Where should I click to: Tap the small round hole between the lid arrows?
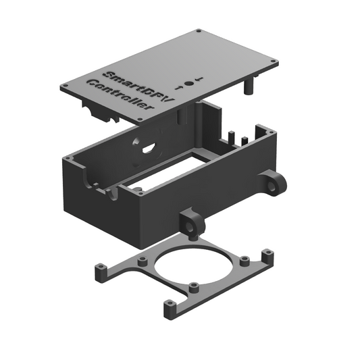pos(188,82)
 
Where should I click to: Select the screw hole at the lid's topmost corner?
pos(198,31)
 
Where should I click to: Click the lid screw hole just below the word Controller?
pos(140,120)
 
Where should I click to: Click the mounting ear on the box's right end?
pos(274,183)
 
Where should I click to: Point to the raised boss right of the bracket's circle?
pos(245,261)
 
